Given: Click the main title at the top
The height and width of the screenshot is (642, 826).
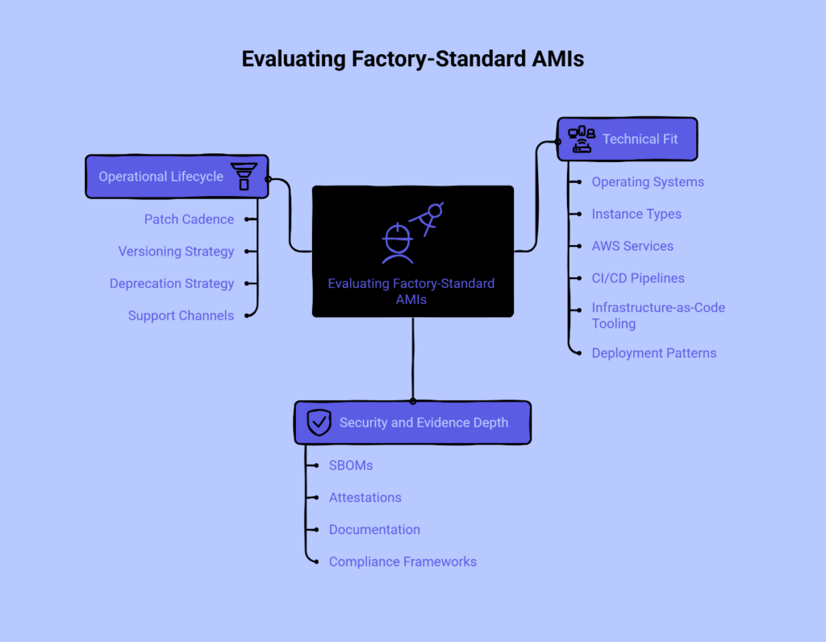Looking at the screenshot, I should coord(413,60).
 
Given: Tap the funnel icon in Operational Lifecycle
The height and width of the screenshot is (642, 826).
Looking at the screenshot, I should coord(244,177).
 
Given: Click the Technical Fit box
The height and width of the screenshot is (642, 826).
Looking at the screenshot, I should coord(627,140).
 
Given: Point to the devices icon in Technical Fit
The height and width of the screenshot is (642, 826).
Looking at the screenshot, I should coord(582,140).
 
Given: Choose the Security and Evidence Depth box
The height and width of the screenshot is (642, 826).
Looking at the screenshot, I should coord(412,423).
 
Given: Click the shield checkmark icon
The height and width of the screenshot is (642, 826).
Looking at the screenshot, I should coord(319,423).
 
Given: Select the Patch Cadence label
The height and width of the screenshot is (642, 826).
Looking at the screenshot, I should coord(189,219).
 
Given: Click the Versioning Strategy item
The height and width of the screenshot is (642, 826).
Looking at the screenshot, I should coord(176,252).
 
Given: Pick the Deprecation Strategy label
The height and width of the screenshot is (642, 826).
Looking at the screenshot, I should coord(172,284).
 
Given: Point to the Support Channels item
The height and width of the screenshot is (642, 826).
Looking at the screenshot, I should coord(181,316).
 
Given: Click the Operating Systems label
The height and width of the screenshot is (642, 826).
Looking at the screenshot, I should coord(648,182).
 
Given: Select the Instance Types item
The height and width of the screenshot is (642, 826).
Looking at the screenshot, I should coord(636,215).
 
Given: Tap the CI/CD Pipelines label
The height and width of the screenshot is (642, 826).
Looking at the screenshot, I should coord(638,278).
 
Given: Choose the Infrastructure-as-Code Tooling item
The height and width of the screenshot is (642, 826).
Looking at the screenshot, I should coord(657,315).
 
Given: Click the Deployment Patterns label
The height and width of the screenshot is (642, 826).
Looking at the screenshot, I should coord(653,353).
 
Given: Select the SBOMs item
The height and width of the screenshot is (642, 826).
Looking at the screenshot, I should coord(351,465).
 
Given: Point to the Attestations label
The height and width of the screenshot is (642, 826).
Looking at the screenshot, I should coord(365,498).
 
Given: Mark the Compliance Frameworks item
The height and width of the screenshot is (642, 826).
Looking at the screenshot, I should coord(403,562).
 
